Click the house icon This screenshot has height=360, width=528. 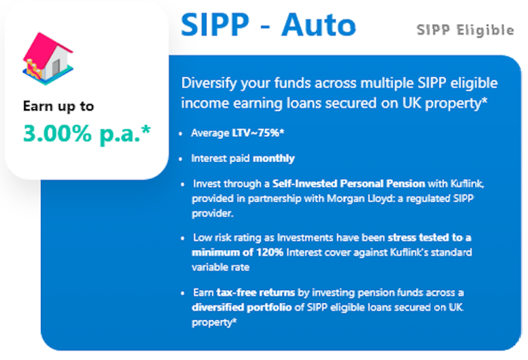point(47,59)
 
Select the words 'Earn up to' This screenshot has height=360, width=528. point(59,107)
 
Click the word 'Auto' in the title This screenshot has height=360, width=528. point(319,25)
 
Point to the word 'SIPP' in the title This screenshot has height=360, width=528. point(215,25)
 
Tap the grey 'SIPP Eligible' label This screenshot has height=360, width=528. point(465,30)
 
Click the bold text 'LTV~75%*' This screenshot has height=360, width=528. point(258,133)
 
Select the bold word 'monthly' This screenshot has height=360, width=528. point(274,159)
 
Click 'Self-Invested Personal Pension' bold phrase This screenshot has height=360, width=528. point(348,184)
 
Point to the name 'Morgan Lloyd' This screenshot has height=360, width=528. point(359,199)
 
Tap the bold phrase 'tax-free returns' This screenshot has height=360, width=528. point(256,293)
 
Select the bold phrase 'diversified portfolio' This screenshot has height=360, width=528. point(242,307)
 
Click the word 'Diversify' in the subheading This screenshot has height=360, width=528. point(209,83)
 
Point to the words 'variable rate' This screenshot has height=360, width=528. point(221,268)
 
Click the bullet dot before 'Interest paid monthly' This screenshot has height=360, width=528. point(181,159)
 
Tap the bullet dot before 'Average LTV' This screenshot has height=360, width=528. point(181,134)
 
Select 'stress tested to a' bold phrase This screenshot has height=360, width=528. point(429,237)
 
